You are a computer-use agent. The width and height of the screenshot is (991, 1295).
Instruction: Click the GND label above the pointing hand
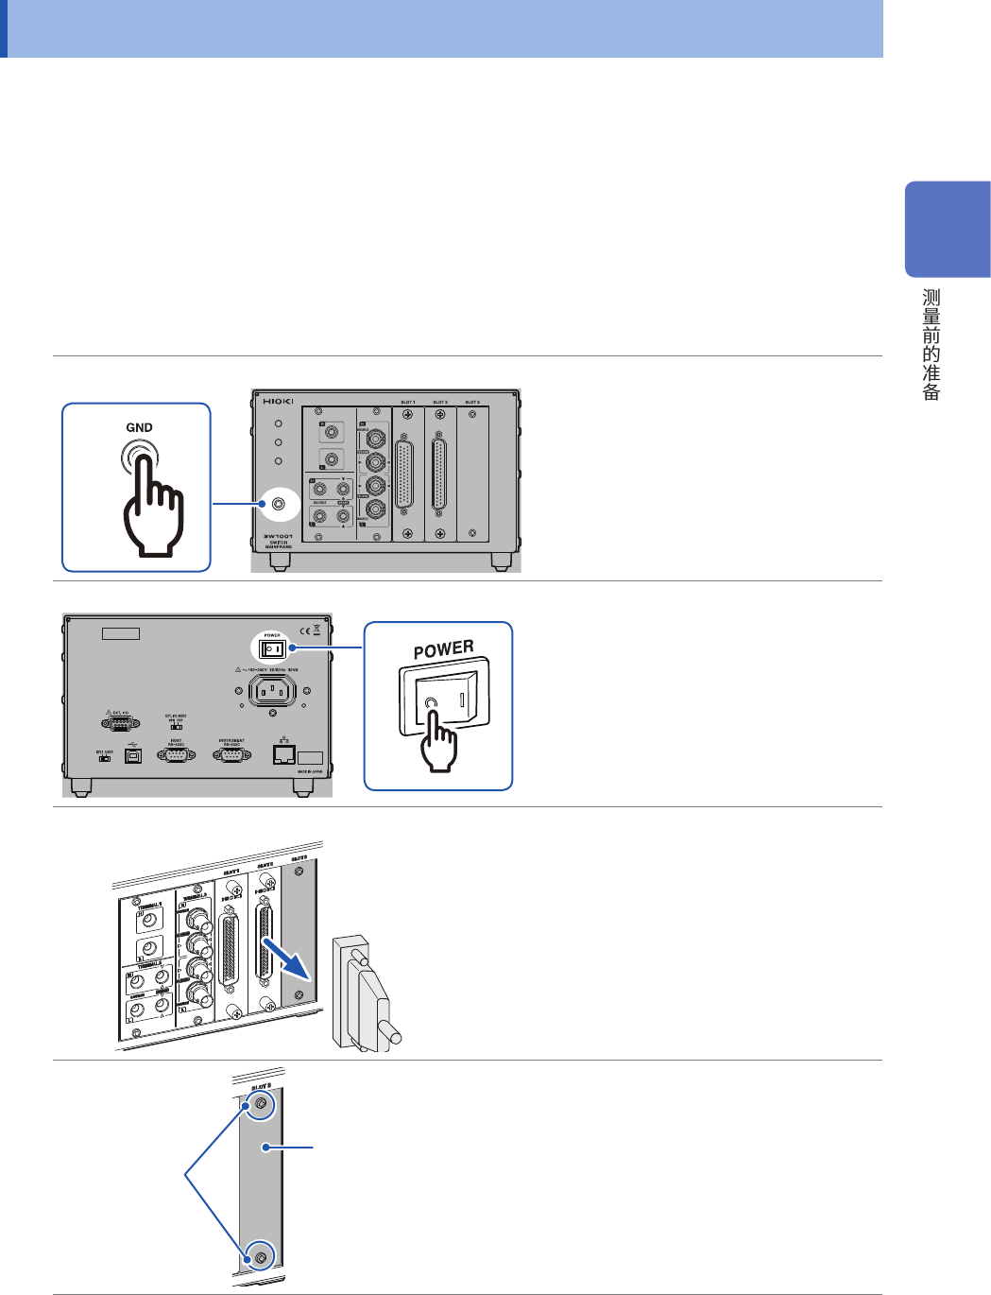pyautogui.click(x=139, y=427)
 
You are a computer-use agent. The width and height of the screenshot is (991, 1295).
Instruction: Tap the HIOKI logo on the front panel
pyautogui.click(x=278, y=402)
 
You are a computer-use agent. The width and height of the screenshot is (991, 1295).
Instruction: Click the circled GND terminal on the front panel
pyautogui.click(x=279, y=504)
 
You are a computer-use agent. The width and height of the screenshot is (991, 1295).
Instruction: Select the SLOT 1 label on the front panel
pyautogui.click(x=407, y=402)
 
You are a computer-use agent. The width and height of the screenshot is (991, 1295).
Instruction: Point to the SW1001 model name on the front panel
pyautogui.click(x=278, y=536)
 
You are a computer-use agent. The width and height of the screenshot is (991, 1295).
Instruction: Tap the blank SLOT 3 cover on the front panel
pyautogui.click(x=472, y=473)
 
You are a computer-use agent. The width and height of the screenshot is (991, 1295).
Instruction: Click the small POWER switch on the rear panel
pyautogui.click(x=272, y=649)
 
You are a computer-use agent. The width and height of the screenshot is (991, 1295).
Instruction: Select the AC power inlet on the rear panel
pyautogui.click(x=272, y=691)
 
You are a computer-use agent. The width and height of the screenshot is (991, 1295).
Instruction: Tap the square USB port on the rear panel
pyautogui.click(x=132, y=757)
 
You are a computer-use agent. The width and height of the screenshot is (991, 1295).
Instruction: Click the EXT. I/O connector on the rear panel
pyautogui.click(x=120, y=723)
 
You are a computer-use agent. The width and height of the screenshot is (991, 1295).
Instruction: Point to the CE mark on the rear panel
pyautogui.click(x=304, y=630)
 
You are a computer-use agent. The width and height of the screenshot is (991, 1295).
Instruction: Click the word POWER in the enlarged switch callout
pyautogui.click(x=443, y=649)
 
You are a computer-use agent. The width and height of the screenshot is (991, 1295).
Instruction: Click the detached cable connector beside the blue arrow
pyautogui.click(x=366, y=993)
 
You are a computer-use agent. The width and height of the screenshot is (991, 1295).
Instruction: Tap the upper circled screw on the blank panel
pyautogui.click(x=260, y=1105)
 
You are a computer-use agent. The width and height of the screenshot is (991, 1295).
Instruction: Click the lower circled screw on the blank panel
pyautogui.click(x=260, y=1257)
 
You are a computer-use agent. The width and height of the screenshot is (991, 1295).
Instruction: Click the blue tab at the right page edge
pyautogui.click(x=947, y=229)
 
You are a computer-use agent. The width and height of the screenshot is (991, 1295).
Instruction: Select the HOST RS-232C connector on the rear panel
pyautogui.click(x=177, y=755)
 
